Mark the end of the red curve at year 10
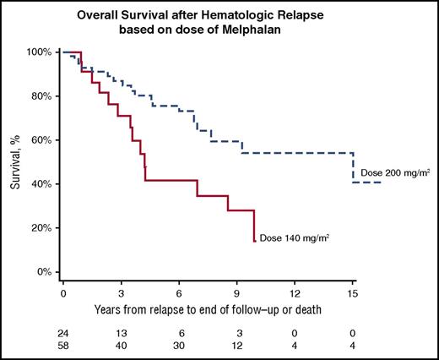point(254,241)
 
